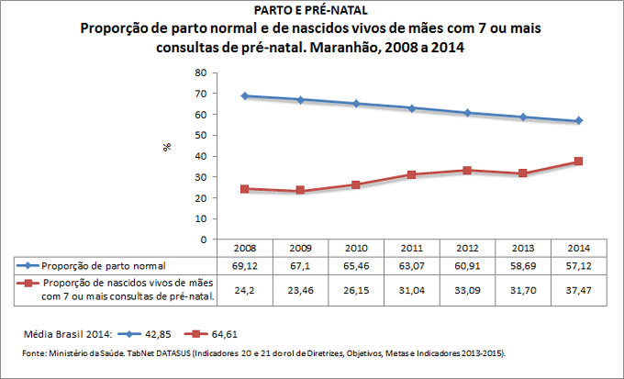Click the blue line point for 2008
click(245, 95)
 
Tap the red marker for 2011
click(412, 174)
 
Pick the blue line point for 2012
click(468, 113)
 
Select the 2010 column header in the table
click(356, 248)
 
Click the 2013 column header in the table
click(523, 248)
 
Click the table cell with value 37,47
click(579, 289)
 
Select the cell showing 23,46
click(300, 289)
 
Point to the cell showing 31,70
click(523, 289)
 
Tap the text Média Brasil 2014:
click(65, 332)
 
